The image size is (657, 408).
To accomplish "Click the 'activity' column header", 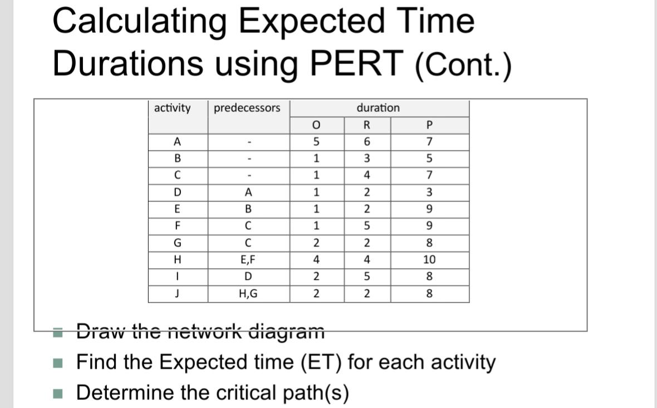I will (x=172, y=107).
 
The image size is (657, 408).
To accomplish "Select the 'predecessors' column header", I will (x=247, y=107).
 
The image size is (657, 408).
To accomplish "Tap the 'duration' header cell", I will (x=377, y=107).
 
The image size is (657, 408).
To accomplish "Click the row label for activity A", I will (x=177, y=141).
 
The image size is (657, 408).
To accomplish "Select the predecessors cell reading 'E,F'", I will (x=248, y=260).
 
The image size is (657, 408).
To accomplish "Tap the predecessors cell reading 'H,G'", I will (x=248, y=294).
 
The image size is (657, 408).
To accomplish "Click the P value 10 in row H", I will (x=429, y=260).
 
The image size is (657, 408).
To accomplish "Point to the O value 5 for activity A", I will (x=316, y=141).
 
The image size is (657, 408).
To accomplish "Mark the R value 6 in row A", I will (x=366, y=141).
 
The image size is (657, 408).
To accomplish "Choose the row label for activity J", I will (x=177, y=294).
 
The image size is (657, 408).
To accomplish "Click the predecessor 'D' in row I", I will (x=248, y=277).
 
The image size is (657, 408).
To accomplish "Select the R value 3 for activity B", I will (x=366, y=158).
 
